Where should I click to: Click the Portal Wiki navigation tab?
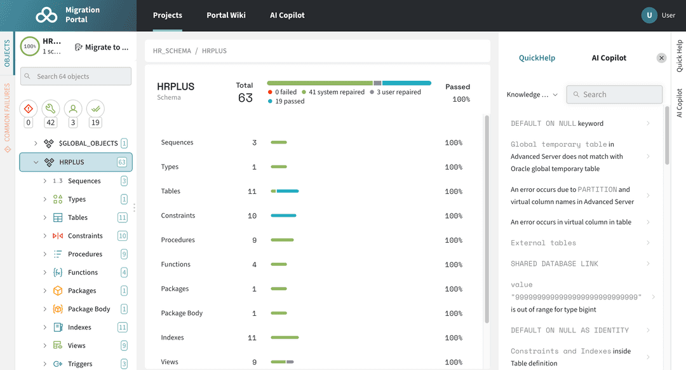point(226,15)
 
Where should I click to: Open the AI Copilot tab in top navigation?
point(287,15)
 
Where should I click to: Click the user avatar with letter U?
point(649,15)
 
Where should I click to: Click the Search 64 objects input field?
point(76,76)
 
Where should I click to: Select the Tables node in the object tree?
point(77,217)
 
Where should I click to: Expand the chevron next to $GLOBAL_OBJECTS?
point(36,144)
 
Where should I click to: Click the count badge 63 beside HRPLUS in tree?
point(122,162)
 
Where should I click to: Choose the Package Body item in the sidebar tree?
point(89,309)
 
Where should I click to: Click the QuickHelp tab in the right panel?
point(537,58)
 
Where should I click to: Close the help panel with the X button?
point(661,58)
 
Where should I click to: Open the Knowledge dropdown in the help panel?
point(532,95)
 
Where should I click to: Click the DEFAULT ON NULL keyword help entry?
point(557,123)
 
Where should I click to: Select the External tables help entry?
point(543,243)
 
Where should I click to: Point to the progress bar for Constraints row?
point(283,216)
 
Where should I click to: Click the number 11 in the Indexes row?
point(252,338)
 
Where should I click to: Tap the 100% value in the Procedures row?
point(454,240)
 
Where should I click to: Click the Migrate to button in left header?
point(102,47)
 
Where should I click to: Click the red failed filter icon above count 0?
point(28,108)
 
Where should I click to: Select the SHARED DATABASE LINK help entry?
point(555,264)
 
